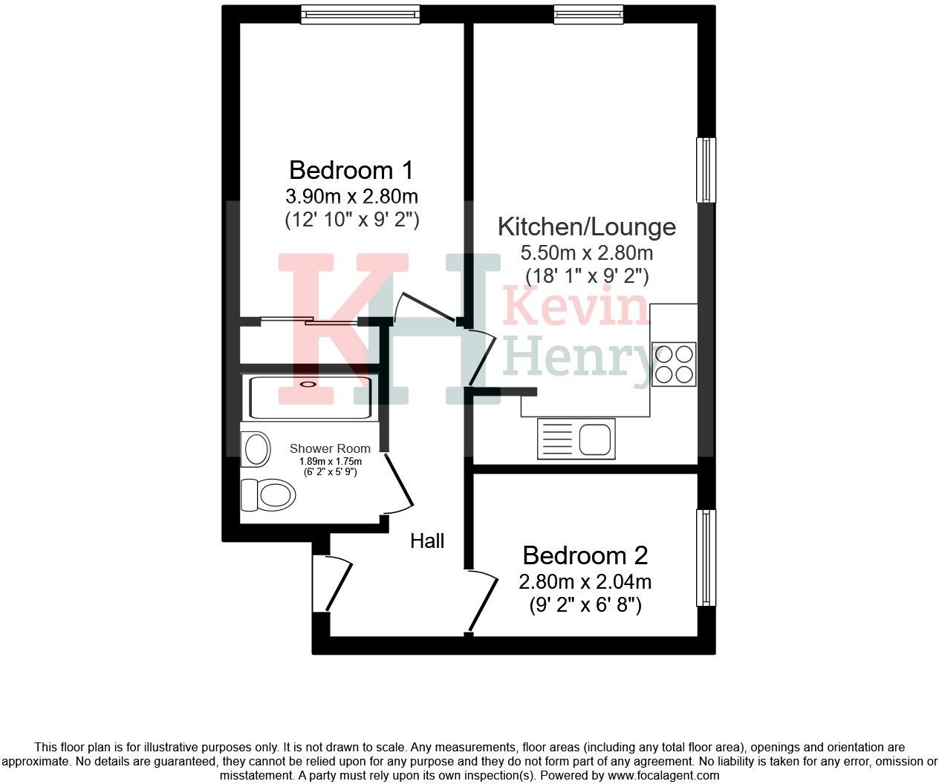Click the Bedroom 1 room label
[x=351, y=170]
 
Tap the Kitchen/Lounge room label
[x=586, y=226]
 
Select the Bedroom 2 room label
[x=585, y=555]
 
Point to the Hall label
[x=427, y=541]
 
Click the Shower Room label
[x=330, y=448]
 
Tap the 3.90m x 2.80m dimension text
[x=351, y=197]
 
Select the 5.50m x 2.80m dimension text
[x=586, y=253]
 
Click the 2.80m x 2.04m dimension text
[x=585, y=581]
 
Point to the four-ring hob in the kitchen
[x=674, y=363]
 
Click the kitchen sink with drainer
[x=576, y=437]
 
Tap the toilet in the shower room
[x=268, y=494]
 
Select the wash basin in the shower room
[x=256, y=449]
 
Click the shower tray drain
[x=308, y=384]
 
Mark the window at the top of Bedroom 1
[x=360, y=14]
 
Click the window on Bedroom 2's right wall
[x=706, y=557]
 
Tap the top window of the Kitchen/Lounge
[x=588, y=14]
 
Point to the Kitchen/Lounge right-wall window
[x=706, y=169]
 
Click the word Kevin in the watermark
[x=576, y=309]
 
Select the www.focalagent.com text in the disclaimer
[x=663, y=776]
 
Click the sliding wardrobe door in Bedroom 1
[x=308, y=321]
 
